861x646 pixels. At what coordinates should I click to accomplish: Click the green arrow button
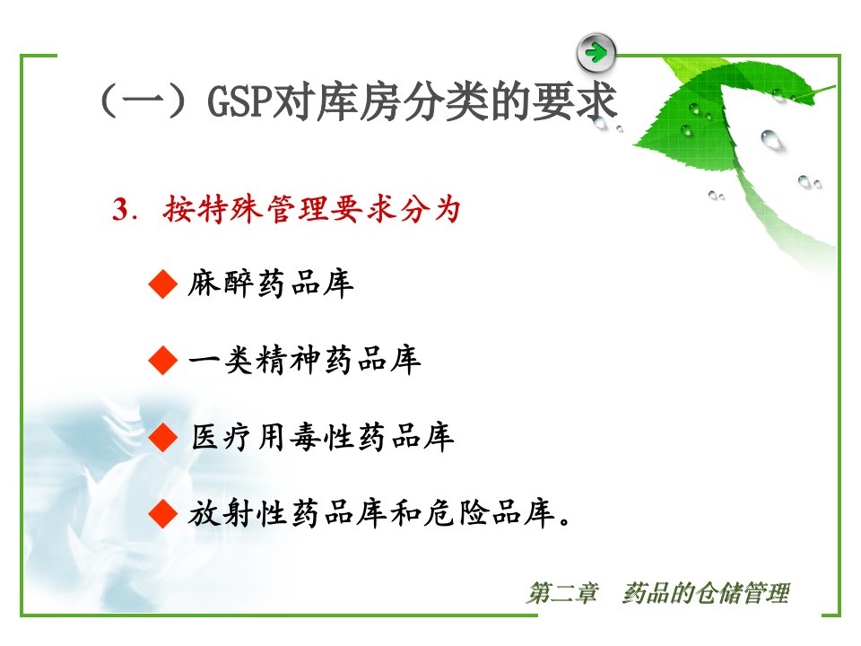pyautogui.click(x=596, y=53)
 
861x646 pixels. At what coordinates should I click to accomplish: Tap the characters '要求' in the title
pyautogui.click(x=574, y=101)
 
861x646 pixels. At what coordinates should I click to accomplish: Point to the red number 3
pyautogui.click(x=121, y=209)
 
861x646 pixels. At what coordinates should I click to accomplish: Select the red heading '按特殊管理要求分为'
pyautogui.click(x=311, y=209)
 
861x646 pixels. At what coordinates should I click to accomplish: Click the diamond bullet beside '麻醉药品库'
pyautogui.click(x=163, y=284)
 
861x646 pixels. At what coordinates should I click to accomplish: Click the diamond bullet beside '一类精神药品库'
pyautogui.click(x=163, y=361)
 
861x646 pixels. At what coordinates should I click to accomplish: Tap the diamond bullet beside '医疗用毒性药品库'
pyautogui.click(x=163, y=438)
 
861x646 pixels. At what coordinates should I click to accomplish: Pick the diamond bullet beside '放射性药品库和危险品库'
pyautogui.click(x=163, y=515)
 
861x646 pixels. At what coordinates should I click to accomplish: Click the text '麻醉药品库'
pyautogui.click(x=271, y=284)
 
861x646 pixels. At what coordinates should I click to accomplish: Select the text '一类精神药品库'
pyautogui.click(x=305, y=361)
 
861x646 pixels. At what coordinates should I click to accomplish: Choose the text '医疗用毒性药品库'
pyautogui.click(x=322, y=438)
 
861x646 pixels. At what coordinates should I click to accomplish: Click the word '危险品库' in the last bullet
pyautogui.click(x=490, y=514)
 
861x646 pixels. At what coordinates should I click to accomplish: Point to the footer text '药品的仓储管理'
pyautogui.click(x=706, y=593)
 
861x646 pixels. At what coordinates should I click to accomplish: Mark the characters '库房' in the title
pyautogui.click(x=359, y=101)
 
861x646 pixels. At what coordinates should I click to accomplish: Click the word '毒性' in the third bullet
pyautogui.click(x=322, y=438)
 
